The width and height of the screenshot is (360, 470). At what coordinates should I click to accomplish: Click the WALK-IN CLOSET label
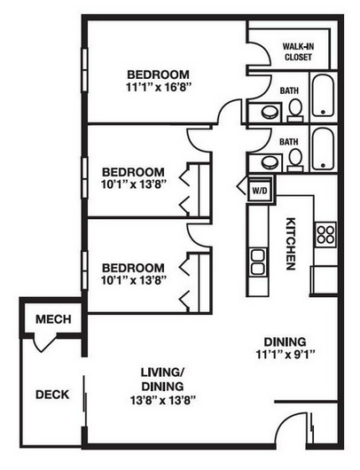tap(298, 51)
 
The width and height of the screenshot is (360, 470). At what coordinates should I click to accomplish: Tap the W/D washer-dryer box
tap(260, 190)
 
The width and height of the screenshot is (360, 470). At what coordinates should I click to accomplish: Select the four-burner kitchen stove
tap(325, 234)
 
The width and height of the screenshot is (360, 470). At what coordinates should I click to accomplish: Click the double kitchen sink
tap(258, 262)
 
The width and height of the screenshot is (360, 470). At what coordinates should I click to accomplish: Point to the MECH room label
tap(53, 319)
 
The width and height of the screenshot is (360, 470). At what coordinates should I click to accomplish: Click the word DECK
tap(52, 395)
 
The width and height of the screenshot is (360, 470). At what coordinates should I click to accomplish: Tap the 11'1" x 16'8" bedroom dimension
tap(159, 88)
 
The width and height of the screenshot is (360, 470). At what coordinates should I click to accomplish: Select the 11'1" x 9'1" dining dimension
tap(285, 355)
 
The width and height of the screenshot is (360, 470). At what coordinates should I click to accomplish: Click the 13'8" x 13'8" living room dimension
tap(163, 401)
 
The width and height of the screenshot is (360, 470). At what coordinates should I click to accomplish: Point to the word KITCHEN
tap(291, 244)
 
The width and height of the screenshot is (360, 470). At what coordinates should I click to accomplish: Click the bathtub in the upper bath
tap(323, 95)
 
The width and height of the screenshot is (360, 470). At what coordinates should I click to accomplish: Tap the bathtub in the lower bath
tap(323, 149)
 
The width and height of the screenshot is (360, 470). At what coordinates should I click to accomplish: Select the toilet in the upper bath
tap(295, 111)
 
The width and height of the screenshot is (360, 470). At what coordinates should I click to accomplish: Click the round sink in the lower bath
tap(270, 163)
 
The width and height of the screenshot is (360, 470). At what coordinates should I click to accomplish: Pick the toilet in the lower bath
tap(295, 161)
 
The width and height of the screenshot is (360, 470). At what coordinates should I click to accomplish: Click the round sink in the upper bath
tap(270, 113)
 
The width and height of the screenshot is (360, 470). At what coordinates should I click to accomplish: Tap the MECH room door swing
tap(44, 344)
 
